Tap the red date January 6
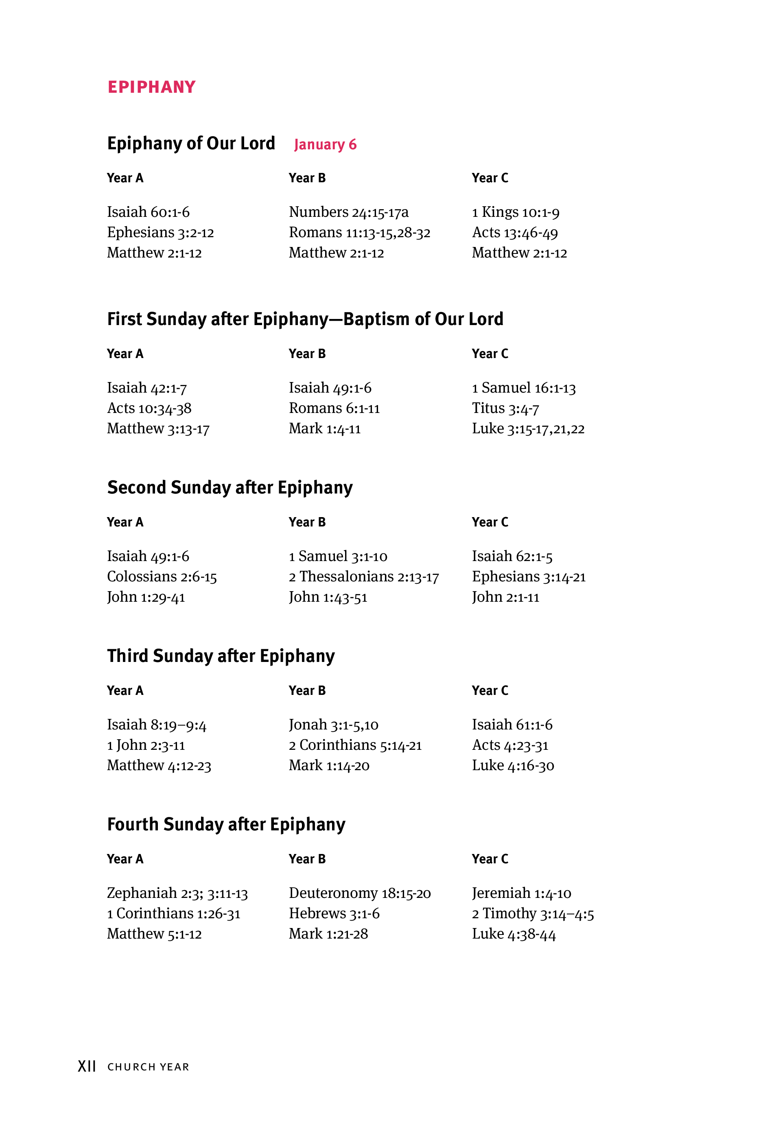[x=325, y=144]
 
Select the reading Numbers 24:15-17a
[x=348, y=212]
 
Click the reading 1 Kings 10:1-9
[x=515, y=212]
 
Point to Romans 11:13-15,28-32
[x=359, y=233]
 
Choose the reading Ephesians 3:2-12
[x=160, y=233]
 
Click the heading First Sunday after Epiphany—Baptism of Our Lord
[x=305, y=319]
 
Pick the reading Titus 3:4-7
[x=505, y=408]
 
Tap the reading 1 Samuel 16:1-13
[x=523, y=388]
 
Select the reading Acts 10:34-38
[x=149, y=408]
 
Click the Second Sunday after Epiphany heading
[x=230, y=488]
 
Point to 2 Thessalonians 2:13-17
[x=363, y=577]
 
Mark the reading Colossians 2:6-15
[x=162, y=577]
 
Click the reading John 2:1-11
[x=505, y=597]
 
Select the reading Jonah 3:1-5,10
[x=333, y=725]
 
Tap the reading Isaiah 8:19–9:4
[x=157, y=725]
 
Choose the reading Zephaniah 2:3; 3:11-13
[x=177, y=893]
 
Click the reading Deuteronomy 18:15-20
[x=360, y=893]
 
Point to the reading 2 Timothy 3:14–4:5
[x=533, y=914]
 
